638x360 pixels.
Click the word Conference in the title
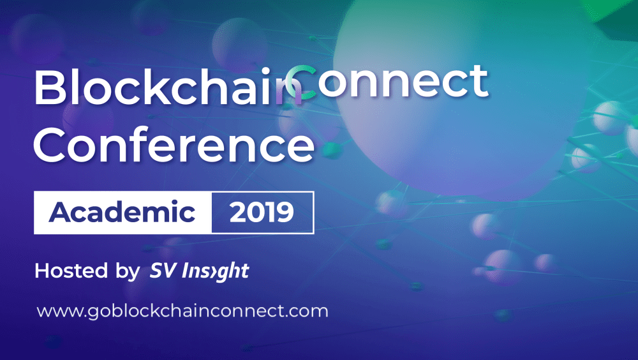point(174,144)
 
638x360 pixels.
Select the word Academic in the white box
point(122,212)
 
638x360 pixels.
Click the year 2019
point(262,212)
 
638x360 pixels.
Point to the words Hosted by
point(87,271)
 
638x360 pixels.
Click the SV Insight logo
point(199,271)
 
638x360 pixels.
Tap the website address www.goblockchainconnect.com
point(182,311)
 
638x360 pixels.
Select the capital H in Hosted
point(42,271)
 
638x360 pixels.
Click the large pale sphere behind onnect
point(460,102)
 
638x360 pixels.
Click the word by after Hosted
point(128,272)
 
